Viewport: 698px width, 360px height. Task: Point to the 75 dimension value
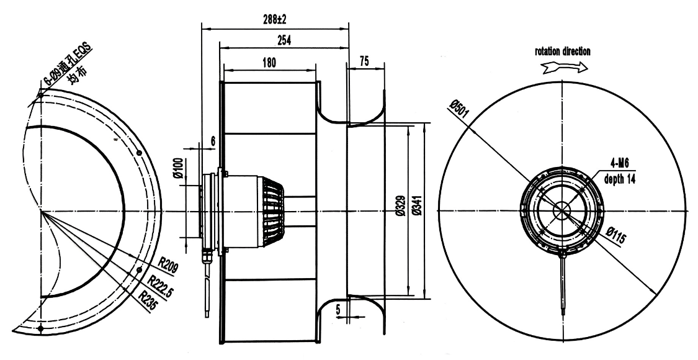[364, 62]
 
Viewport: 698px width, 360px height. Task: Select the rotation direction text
[563, 52]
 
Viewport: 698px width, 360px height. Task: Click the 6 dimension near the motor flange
[213, 141]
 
